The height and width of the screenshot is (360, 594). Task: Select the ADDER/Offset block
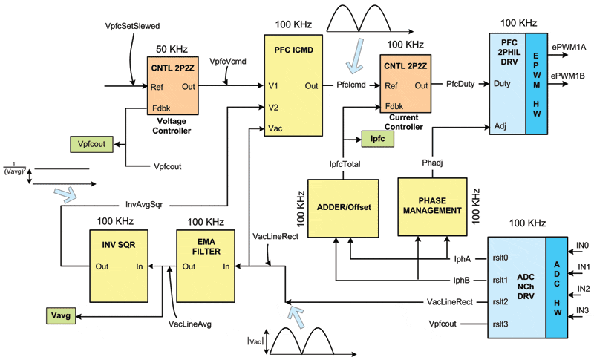click(x=343, y=207)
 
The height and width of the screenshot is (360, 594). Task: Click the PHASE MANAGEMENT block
click(x=432, y=207)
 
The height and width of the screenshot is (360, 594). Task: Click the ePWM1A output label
click(x=569, y=47)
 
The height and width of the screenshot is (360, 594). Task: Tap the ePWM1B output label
click(x=569, y=75)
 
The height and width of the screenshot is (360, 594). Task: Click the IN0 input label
click(x=583, y=246)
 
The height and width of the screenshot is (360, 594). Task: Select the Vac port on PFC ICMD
click(x=276, y=128)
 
